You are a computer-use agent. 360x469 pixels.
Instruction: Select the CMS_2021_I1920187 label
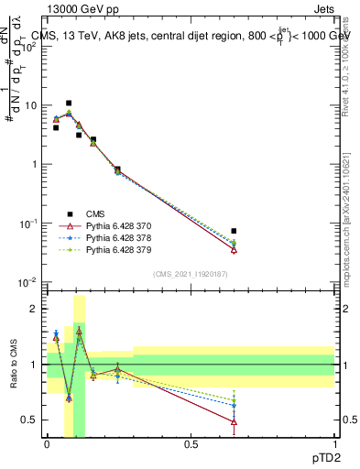190,274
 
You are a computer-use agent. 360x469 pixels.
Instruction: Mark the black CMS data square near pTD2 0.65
234,231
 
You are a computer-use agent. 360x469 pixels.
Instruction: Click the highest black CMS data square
69,104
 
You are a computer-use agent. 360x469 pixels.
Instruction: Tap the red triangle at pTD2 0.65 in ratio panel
234,421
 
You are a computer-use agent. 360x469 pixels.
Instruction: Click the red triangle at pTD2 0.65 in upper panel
234,248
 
